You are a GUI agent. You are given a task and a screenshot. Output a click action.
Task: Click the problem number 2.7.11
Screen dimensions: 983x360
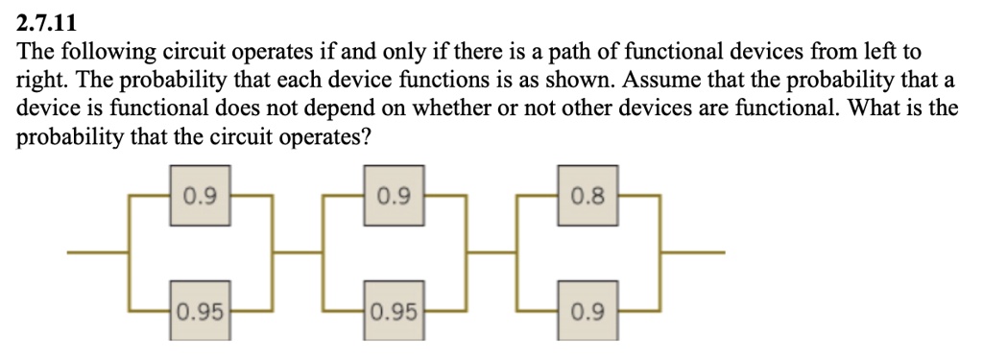(49, 18)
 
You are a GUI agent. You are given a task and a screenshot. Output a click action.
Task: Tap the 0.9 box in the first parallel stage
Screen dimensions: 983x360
(200, 199)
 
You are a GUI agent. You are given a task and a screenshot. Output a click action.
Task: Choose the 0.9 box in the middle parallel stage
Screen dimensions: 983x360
(395, 199)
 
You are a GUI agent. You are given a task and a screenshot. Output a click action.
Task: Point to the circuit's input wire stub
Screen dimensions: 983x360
(97, 253)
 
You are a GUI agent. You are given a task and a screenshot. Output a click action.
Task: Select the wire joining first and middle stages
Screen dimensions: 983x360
(298, 253)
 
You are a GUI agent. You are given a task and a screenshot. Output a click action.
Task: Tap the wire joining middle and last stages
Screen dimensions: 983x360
(491, 253)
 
